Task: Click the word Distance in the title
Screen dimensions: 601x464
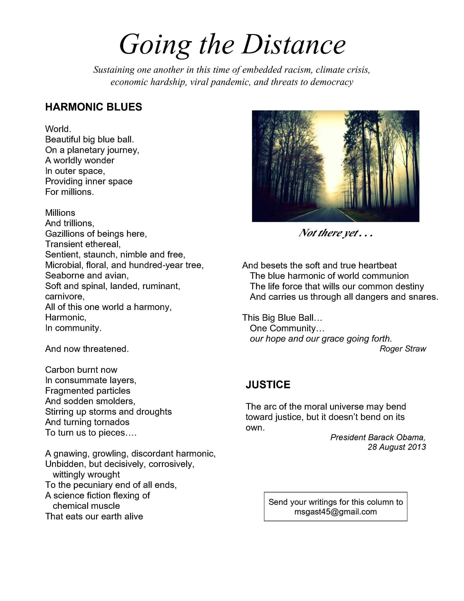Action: pyautogui.click(x=293, y=45)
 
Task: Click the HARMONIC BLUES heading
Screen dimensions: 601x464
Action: pyautogui.click(x=94, y=107)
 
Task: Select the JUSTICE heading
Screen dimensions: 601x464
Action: pyautogui.click(x=268, y=385)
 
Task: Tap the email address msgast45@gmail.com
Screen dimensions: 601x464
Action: pyautogui.click(x=335, y=512)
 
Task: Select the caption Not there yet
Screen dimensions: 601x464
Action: pyautogui.click(x=335, y=233)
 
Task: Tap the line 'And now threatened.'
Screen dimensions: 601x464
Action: pyautogui.click(x=87, y=349)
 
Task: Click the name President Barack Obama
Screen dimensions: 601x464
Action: pyautogui.click(x=378, y=437)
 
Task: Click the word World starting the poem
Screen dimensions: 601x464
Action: pyautogui.click(x=58, y=129)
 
